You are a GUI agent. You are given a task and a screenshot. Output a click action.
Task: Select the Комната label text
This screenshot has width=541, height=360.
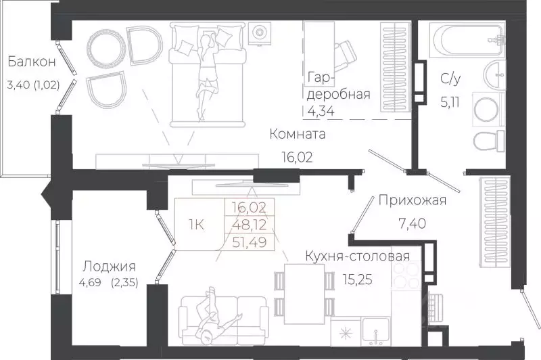point(297,135)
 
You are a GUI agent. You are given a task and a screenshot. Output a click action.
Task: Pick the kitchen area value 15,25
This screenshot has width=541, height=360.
point(321,278)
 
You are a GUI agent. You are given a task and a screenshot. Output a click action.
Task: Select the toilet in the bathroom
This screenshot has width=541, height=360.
point(488,142)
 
